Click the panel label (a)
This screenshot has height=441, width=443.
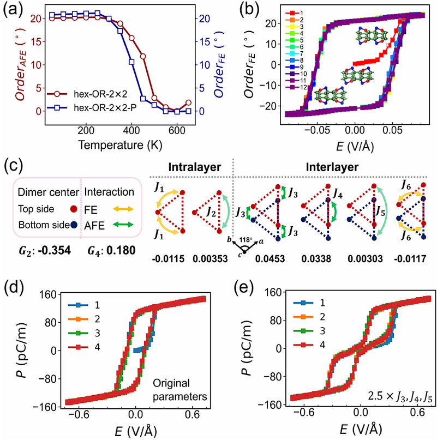tap(13, 10)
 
